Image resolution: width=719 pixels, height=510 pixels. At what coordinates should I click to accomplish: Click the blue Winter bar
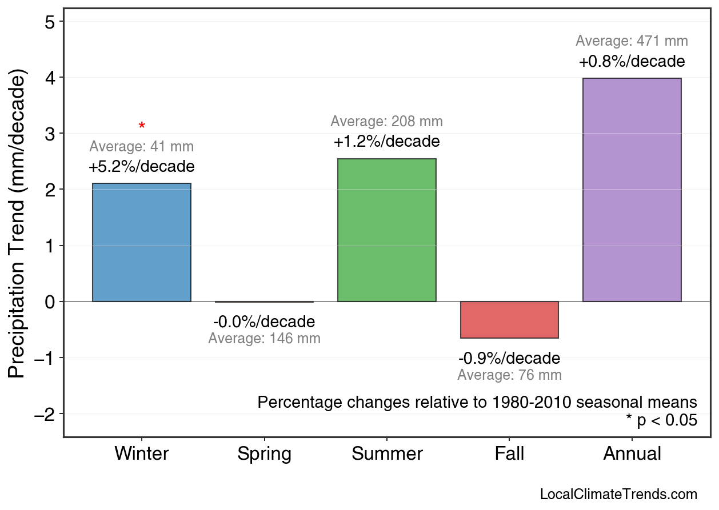coord(142,242)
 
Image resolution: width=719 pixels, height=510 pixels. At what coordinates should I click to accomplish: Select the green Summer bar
coord(387,230)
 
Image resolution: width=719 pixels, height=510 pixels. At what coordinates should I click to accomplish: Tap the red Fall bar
coord(509,320)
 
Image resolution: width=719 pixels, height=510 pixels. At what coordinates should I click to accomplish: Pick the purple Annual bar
coord(632,190)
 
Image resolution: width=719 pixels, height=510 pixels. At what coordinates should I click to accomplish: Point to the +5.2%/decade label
coord(142,167)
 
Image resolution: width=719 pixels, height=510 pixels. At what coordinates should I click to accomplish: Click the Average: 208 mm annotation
coord(387,122)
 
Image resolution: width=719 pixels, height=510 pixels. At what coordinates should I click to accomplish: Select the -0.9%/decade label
coord(509,359)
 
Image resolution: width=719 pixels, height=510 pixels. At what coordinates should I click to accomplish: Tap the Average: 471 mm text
coord(632,41)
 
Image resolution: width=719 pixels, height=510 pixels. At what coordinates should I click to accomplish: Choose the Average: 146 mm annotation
coord(264,338)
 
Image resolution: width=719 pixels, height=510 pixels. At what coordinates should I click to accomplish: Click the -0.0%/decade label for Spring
coord(264,322)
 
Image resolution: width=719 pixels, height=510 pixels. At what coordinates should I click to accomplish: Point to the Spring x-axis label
coord(264,454)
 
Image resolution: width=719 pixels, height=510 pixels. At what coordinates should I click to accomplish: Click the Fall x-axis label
coord(509,454)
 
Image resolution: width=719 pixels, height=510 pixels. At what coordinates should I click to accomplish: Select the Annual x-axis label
coord(632,454)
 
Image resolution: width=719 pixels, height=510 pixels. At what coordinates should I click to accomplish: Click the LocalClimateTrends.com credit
coord(618,494)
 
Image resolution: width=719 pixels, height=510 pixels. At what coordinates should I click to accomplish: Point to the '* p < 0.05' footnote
coord(661,420)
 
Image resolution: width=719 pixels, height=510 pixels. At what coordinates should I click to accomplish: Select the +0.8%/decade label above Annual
coord(632,61)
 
